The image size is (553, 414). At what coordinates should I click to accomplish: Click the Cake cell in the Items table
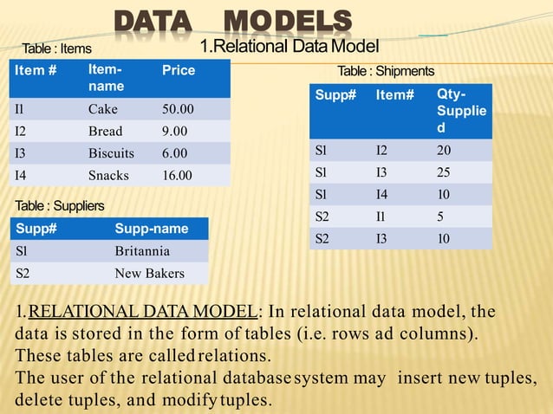[x=103, y=110]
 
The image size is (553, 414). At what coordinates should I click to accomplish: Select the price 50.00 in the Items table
[x=178, y=110]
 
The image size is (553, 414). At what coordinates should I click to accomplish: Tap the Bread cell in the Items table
[x=106, y=132]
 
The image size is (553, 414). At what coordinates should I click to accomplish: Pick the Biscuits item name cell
[x=111, y=153]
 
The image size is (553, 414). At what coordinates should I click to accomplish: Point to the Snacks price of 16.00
[x=178, y=175]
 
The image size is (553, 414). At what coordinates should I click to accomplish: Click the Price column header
[x=179, y=70]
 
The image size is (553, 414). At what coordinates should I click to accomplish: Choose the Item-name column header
[x=106, y=77]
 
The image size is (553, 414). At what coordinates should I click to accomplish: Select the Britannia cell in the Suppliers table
[x=142, y=252]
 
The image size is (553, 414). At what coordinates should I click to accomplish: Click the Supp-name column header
[x=148, y=230]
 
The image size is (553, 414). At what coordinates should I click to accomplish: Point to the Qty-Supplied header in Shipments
[x=451, y=110]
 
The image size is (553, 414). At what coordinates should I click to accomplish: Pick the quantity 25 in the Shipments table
[x=445, y=172]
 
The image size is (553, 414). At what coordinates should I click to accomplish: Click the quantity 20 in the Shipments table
[x=445, y=151]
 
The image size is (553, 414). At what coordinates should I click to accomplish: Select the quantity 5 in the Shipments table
[x=441, y=215]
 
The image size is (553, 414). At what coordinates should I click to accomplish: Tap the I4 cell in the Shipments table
[x=381, y=194]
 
